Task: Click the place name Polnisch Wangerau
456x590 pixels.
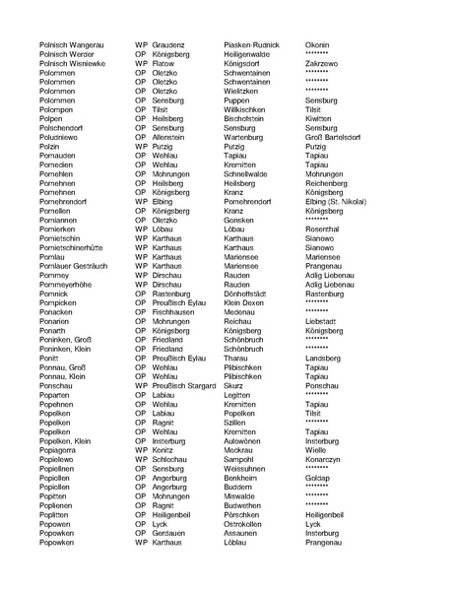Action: coord(70,44)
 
